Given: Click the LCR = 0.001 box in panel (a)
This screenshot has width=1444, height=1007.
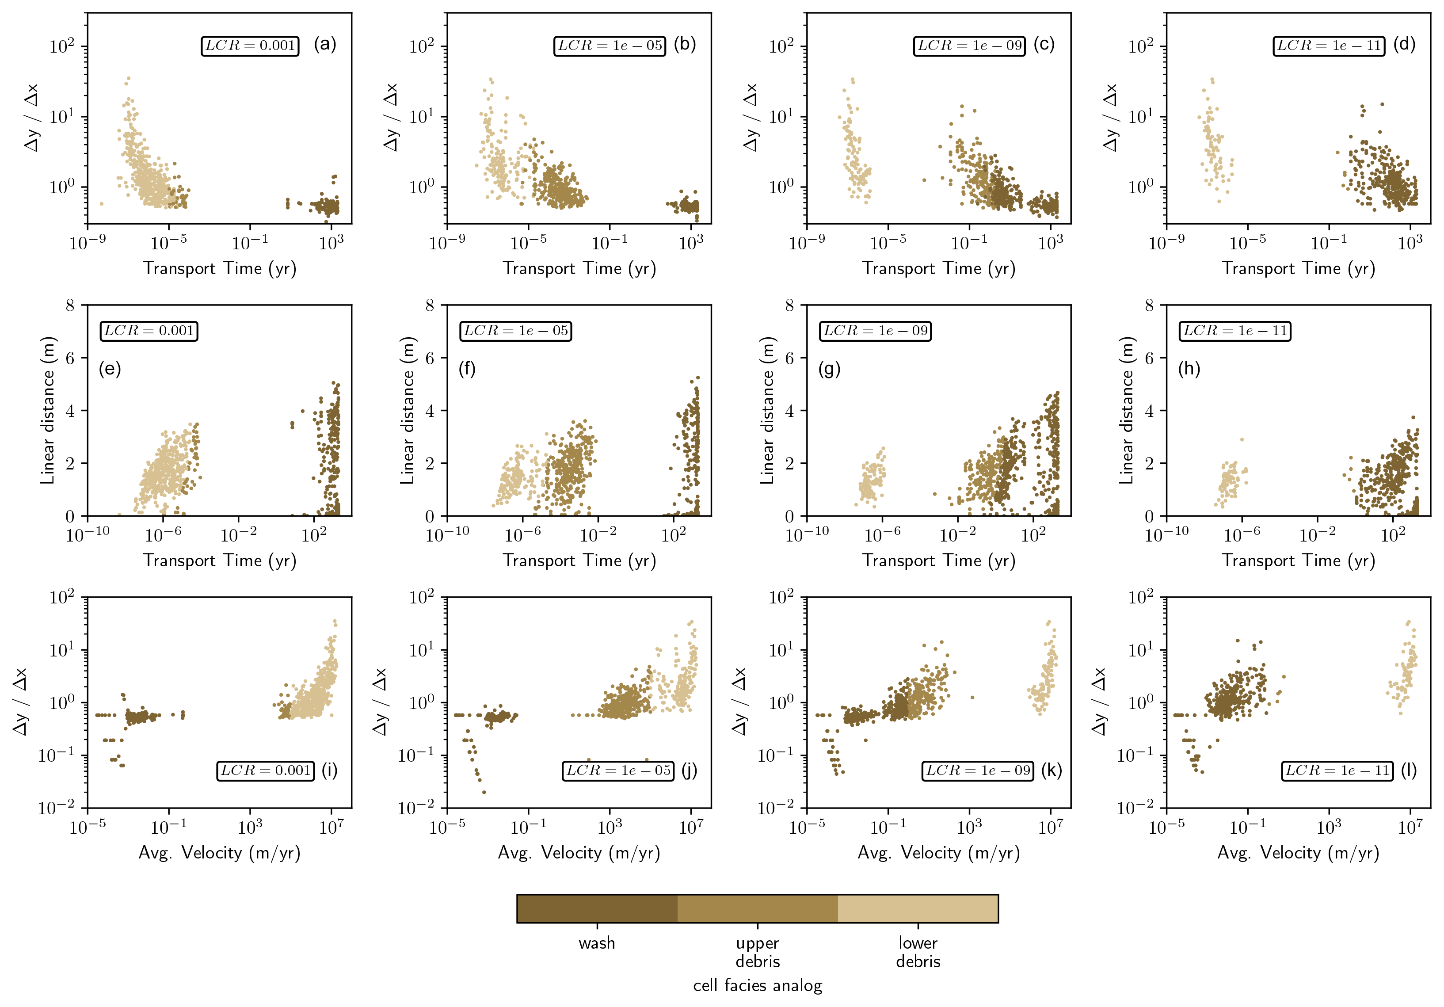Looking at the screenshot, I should [250, 46].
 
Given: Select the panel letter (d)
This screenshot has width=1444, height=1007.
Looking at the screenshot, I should [1404, 44].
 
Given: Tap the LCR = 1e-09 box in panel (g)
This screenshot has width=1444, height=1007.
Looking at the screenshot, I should [875, 331].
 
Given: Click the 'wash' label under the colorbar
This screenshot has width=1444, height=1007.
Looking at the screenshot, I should [597, 943].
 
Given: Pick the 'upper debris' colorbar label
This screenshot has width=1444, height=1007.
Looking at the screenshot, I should [757, 952].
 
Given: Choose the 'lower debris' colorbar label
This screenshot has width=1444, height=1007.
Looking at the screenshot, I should [918, 952].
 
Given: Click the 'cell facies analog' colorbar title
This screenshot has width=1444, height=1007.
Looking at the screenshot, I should [757, 986].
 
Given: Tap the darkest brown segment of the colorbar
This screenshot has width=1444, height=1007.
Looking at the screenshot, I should [597, 909].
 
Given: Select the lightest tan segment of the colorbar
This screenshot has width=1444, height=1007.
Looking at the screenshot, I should [918, 909].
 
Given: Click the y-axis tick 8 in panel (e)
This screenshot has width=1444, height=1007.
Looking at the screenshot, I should [70, 306].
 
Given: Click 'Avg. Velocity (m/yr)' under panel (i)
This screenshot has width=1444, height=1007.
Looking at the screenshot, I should [219, 853].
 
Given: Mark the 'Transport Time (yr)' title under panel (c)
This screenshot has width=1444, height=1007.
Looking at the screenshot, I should [938, 269].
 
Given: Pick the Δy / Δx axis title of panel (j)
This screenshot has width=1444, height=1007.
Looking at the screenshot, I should [381, 701].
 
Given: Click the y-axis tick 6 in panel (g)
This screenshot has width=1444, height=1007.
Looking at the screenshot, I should [789, 359].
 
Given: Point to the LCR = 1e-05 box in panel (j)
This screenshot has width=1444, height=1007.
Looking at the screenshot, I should [617, 771].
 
